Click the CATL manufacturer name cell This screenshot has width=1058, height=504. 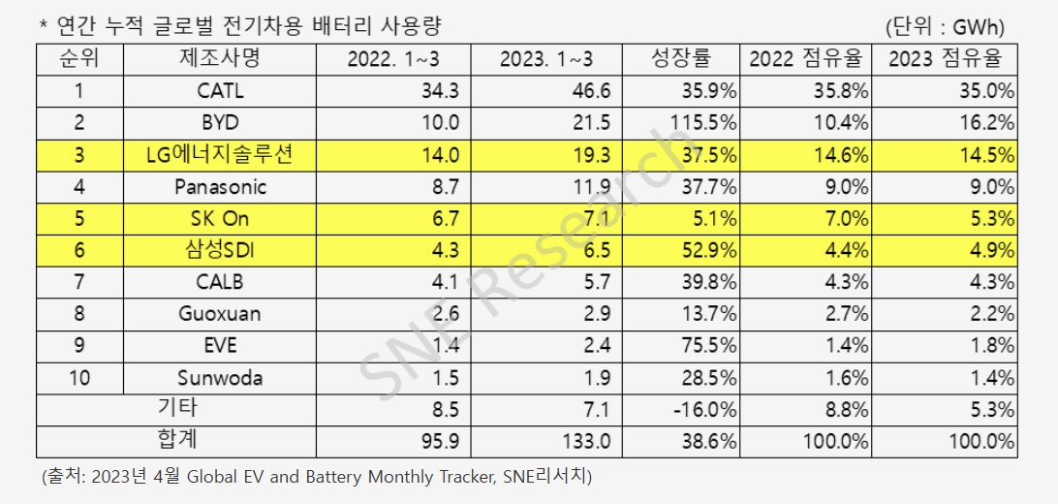click(x=220, y=92)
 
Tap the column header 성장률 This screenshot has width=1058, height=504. click(x=681, y=60)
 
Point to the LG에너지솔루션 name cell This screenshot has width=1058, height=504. click(x=220, y=155)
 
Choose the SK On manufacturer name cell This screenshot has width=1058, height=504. click(x=220, y=218)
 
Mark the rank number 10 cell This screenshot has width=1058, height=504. click(x=79, y=377)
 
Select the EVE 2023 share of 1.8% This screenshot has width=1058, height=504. click(x=989, y=346)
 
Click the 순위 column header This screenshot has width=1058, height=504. click(x=79, y=60)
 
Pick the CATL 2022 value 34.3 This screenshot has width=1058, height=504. click(x=437, y=92)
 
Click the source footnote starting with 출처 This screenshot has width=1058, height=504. click(x=316, y=477)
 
